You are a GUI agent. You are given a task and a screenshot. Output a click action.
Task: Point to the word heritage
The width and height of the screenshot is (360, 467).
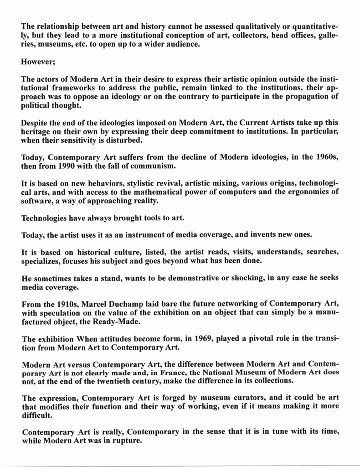pyautogui.click(x=39, y=131)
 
